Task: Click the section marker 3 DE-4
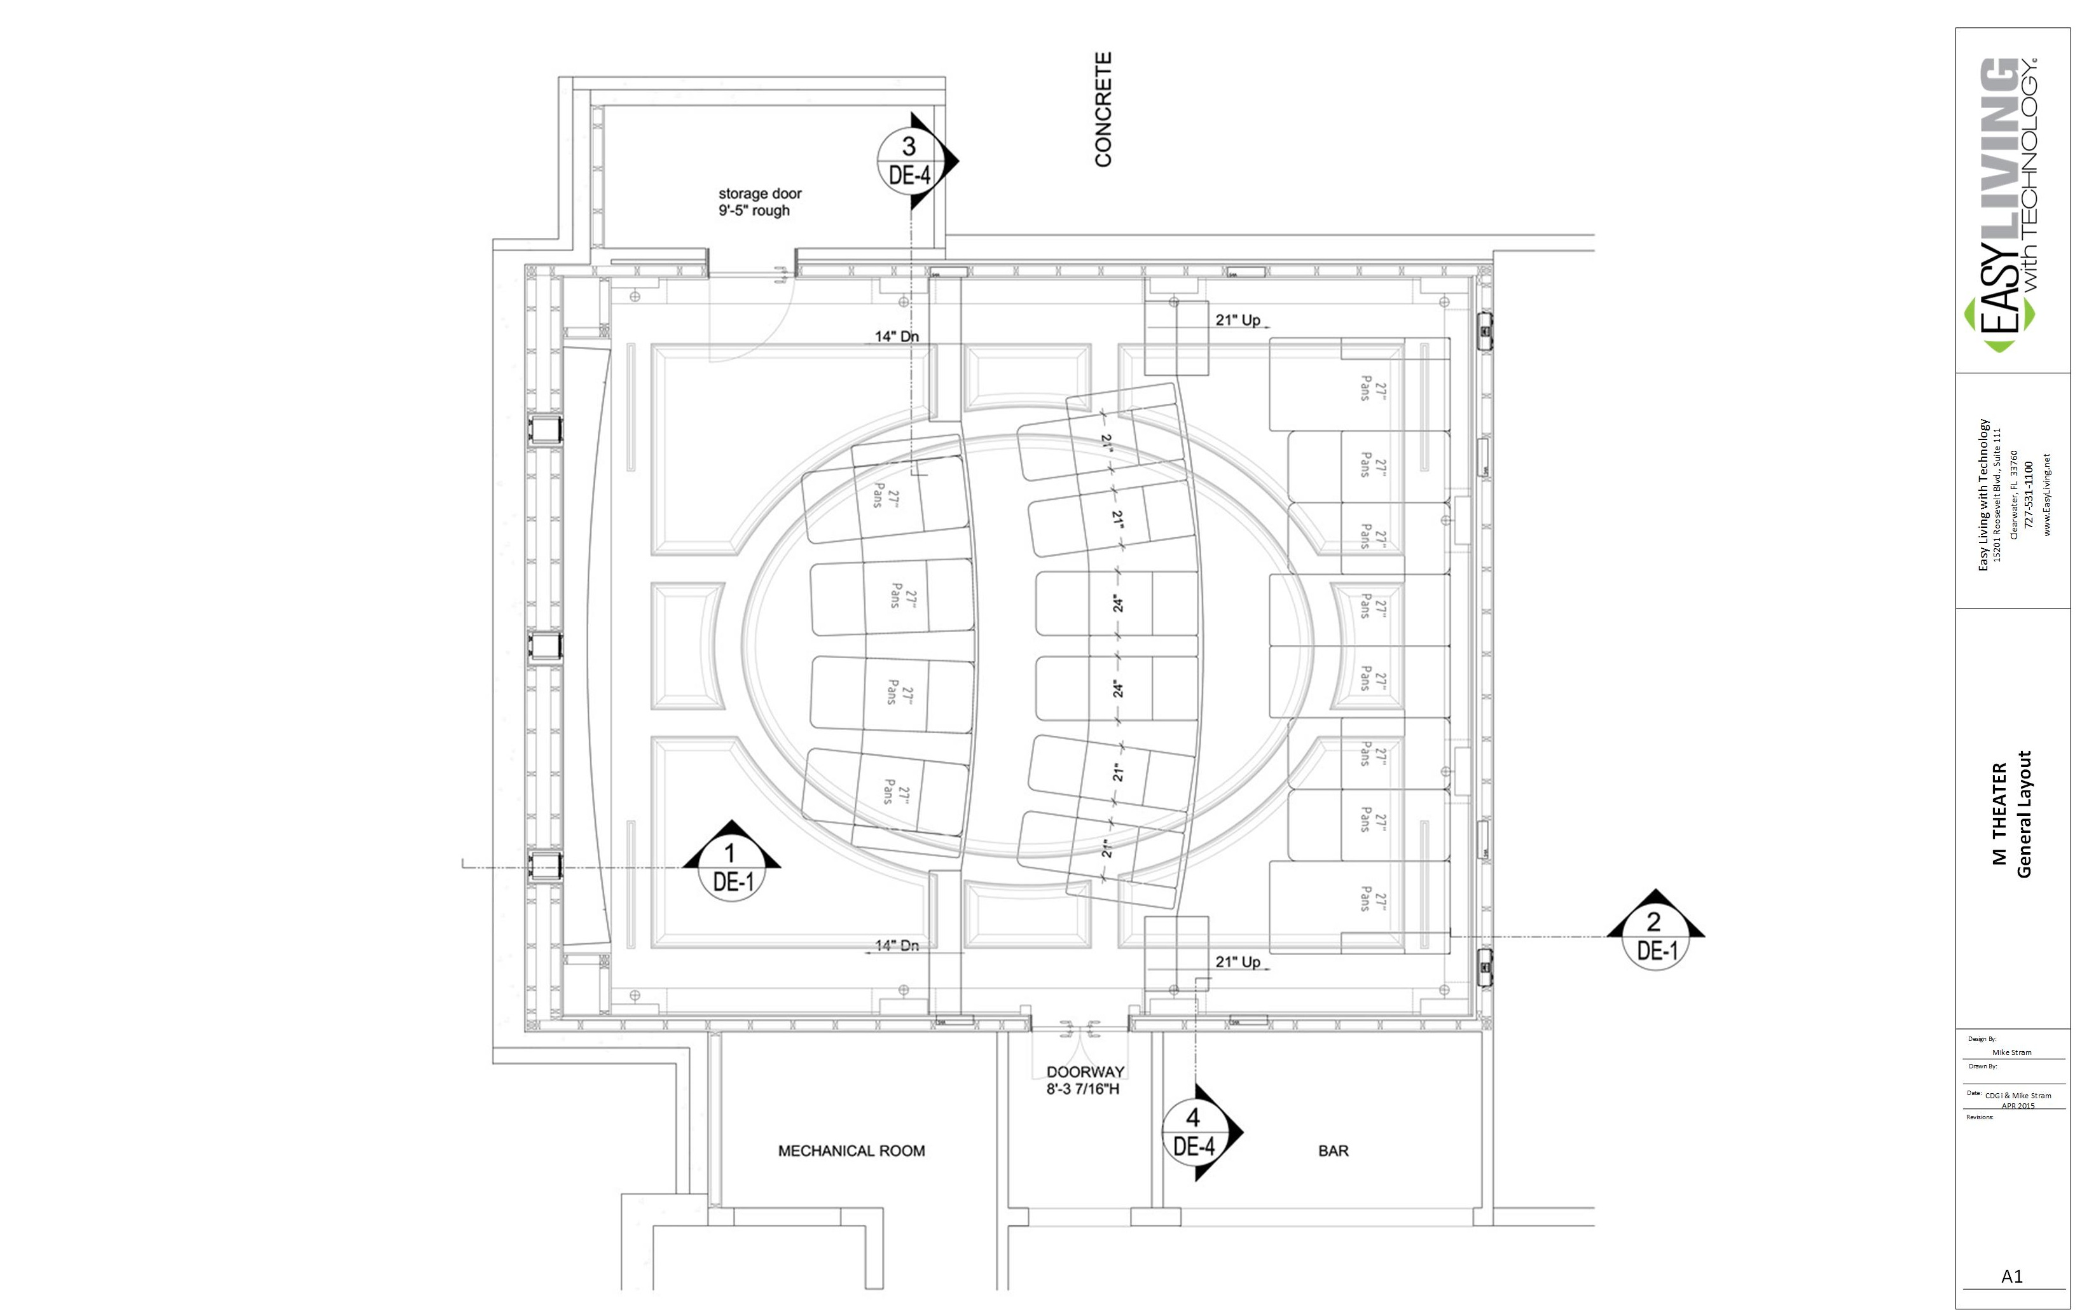[908, 160]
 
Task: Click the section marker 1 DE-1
[732, 867]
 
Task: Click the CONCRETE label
[1103, 109]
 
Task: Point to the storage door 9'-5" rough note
[759, 202]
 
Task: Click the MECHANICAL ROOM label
[851, 1150]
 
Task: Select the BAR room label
[1333, 1150]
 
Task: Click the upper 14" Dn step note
[897, 336]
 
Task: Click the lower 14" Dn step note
[897, 945]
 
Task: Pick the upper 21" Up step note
[1238, 320]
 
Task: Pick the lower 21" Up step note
[1238, 962]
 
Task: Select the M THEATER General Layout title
[2011, 815]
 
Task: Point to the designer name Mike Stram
[2011, 1052]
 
